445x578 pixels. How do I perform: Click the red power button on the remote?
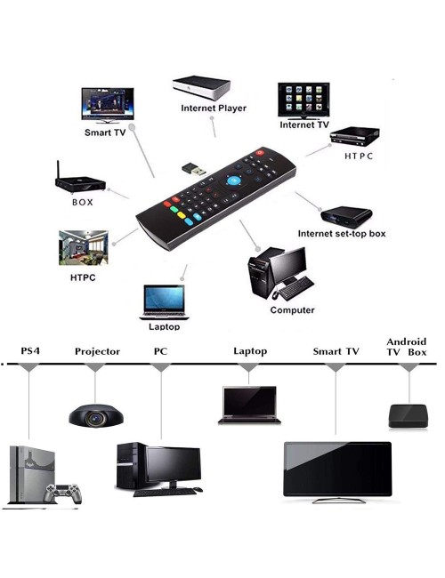point(260,152)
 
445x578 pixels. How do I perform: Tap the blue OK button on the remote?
point(233,181)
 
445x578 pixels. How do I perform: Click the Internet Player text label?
point(214,108)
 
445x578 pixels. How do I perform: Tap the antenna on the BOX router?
point(58,170)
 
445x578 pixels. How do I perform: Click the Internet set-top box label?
point(341,233)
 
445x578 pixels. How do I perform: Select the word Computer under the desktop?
point(292,310)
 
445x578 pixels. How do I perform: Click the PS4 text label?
point(30,350)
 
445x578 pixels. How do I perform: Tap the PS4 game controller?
point(62,494)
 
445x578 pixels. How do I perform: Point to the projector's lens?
point(96,418)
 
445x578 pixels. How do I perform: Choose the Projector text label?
point(97,351)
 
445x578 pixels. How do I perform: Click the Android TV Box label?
point(406,347)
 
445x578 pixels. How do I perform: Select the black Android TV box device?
point(409,416)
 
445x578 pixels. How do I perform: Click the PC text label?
point(160,351)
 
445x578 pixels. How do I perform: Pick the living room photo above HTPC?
point(84,248)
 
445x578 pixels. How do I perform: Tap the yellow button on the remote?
point(182,215)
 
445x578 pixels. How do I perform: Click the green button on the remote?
point(174,209)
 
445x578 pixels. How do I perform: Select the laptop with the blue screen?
point(164,302)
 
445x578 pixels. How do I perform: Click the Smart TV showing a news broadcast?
point(108,105)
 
